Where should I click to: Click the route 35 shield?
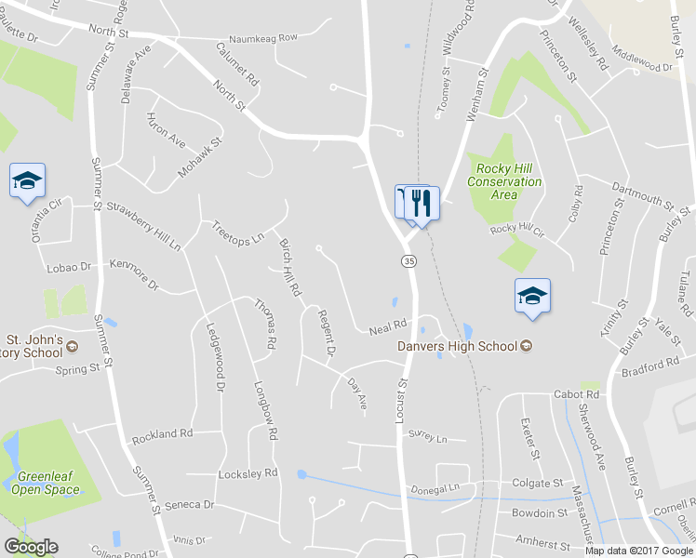point(409,262)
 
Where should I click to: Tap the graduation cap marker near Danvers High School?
point(532,297)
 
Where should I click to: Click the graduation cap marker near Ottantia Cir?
point(27,180)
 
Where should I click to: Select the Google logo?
point(31,547)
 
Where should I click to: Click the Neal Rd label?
point(389,326)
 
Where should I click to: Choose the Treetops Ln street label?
point(238,232)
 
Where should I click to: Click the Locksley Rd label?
point(248,473)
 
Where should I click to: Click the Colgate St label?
point(539,484)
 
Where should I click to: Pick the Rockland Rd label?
point(162,433)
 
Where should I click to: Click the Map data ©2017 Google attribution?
point(639,551)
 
